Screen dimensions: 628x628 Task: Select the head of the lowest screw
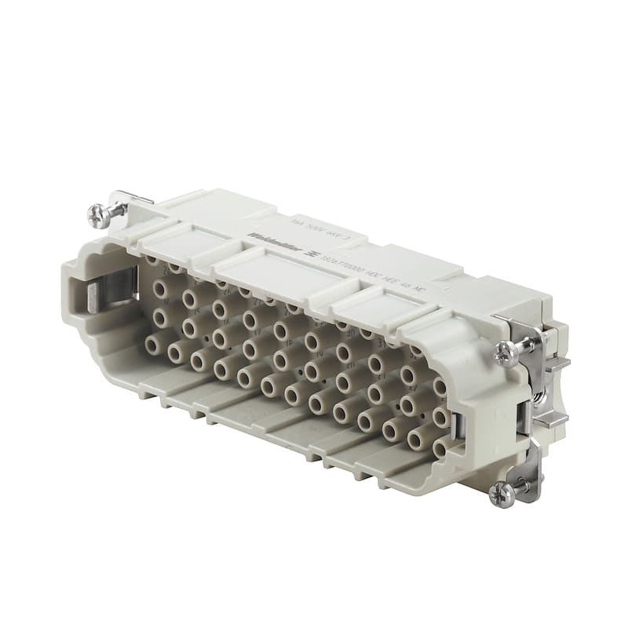[x=499, y=493]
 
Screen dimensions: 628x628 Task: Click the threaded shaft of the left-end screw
[x=117, y=208]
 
